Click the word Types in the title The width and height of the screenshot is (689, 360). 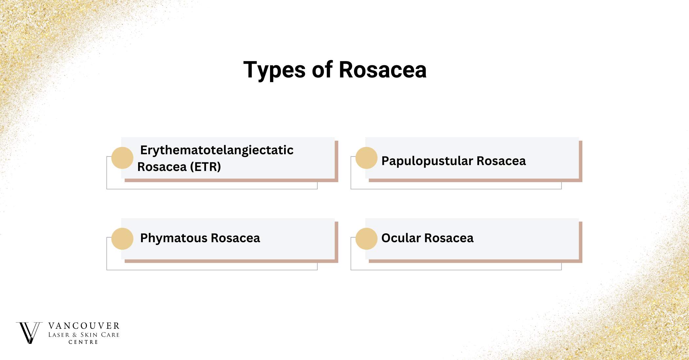(x=275, y=70)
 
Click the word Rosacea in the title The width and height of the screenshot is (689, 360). (x=383, y=70)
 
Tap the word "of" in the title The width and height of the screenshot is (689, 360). (x=322, y=70)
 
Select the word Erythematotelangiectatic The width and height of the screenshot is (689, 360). (x=217, y=150)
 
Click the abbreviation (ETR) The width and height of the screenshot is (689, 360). (x=205, y=167)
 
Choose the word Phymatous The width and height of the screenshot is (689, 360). (x=174, y=238)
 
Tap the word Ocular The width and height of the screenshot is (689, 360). (x=401, y=238)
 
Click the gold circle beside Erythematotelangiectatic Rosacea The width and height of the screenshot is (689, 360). (x=122, y=158)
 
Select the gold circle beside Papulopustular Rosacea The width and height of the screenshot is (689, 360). (x=366, y=158)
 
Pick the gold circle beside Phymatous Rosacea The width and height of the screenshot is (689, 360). (x=122, y=239)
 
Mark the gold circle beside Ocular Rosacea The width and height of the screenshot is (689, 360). (x=366, y=239)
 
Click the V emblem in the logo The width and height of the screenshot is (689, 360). (x=29, y=333)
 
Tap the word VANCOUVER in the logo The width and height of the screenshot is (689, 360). (x=84, y=326)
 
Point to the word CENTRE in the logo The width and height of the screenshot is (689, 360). (x=83, y=342)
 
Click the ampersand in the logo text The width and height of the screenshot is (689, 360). (x=75, y=335)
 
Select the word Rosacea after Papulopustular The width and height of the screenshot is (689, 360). (x=501, y=161)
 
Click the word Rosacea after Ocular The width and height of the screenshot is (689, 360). (x=449, y=238)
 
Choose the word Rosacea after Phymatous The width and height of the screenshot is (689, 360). (x=235, y=238)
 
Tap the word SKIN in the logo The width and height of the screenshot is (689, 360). (x=89, y=335)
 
